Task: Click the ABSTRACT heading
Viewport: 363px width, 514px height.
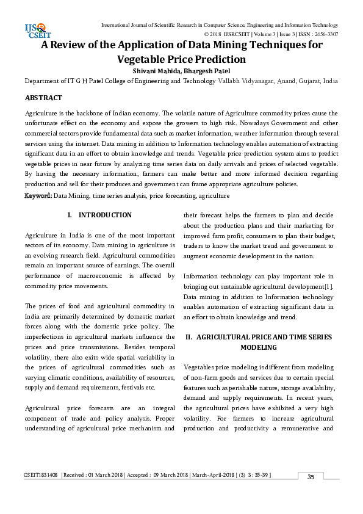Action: tap(43, 98)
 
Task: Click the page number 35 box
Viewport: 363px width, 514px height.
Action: tap(311, 477)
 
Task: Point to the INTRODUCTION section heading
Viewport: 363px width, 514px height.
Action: tap(105, 215)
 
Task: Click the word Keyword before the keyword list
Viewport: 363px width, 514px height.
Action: tap(38, 195)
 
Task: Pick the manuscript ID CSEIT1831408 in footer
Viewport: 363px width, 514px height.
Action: tap(41, 475)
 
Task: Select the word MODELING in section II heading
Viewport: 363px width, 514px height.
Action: tap(259, 347)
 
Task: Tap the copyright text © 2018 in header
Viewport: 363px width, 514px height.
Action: tap(215, 35)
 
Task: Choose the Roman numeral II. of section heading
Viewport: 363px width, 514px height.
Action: tap(189, 337)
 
